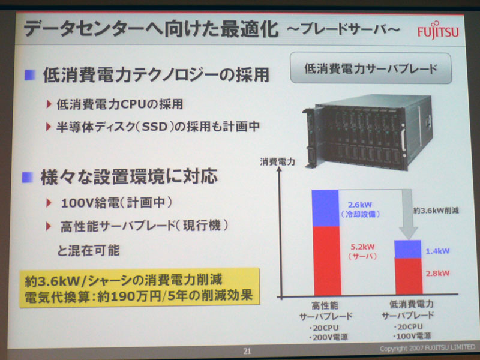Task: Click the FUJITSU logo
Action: [438, 31]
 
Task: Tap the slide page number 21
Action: [247, 351]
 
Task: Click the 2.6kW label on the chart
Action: [359, 205]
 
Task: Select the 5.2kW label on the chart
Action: [362, 247]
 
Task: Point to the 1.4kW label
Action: [438, 251]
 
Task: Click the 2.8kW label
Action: [438, 273]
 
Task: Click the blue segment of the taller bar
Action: [325, 208]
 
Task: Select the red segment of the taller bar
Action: [327, 261]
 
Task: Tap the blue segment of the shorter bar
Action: [407, 249]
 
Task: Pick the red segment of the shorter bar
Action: [409, 277]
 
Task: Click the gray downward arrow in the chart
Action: [408, 214]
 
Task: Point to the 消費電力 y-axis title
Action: [277, 162]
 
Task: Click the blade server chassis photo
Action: [367, 132]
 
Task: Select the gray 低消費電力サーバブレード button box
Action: [371, 68]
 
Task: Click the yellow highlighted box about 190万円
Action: [139, 287]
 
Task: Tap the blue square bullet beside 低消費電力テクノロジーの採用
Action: [29, 74]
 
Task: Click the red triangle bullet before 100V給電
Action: [49, 203]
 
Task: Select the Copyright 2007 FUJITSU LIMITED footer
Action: [427, 348]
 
